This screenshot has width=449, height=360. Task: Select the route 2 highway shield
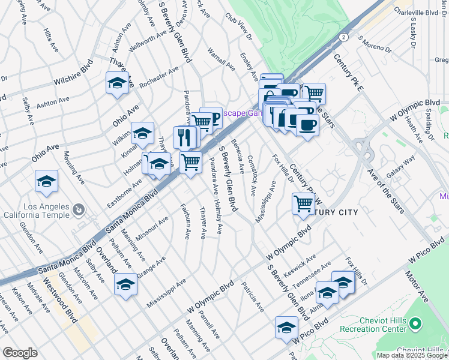(x=342, y=37)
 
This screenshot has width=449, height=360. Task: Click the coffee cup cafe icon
(x=307, y=125)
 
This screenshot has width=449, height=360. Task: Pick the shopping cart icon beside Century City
(x=303, y=203)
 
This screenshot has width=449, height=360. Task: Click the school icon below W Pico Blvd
(x=286, y=328)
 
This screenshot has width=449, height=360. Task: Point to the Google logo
(x=20, y=353)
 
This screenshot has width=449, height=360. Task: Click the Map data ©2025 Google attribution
(x=412, y=355)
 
